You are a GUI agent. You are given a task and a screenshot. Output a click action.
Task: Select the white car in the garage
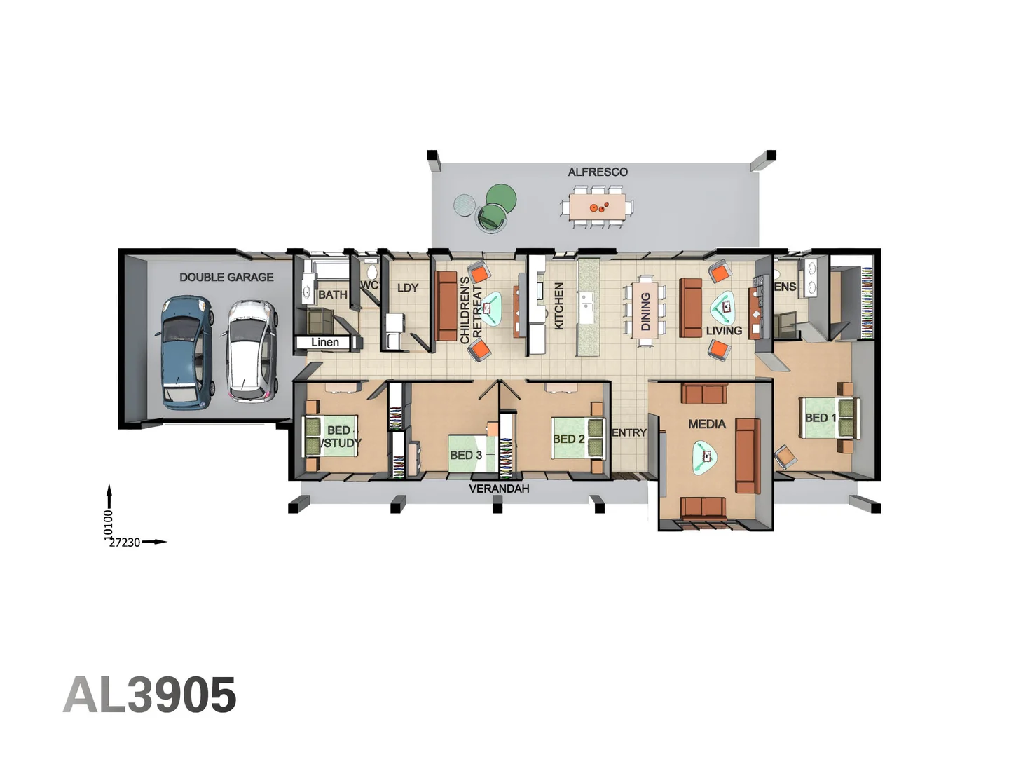(250, 350)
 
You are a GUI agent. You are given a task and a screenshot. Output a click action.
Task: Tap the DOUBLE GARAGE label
(226, 277)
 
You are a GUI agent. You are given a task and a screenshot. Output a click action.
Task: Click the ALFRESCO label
(598, 172)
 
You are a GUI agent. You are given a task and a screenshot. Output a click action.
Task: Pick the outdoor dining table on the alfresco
(598, 207)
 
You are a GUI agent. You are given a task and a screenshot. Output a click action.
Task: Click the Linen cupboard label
(325, 342)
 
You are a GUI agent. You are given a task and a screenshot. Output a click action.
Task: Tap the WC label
(369, 285)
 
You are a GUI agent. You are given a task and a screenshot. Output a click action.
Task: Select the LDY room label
(407, 287)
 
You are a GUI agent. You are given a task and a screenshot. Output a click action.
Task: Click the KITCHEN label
(559, 306)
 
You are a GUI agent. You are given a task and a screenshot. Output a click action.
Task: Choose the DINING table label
(645, 311)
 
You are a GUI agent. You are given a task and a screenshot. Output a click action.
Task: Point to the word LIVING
(724, 330)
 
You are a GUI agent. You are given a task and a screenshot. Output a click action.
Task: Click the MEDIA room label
(707, 424)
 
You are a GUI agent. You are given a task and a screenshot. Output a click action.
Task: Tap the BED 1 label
(821, 418)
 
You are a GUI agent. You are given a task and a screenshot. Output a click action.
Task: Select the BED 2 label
(569, 439)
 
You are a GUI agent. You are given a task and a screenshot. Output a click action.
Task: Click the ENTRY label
(629, 432)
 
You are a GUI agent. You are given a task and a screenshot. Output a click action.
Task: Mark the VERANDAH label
(499, 489)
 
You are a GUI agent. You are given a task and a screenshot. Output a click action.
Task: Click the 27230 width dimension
(125, 543)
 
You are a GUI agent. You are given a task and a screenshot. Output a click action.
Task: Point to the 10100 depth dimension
(108, 524)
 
